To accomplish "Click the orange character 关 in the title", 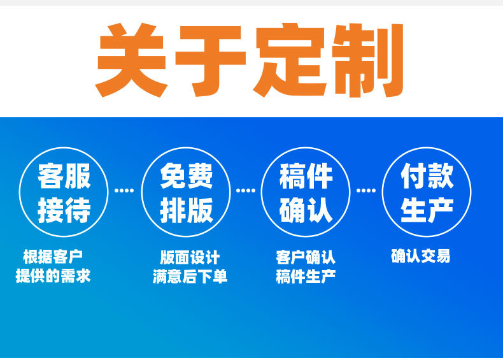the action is click(x=132, y=60).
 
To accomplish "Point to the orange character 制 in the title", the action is click(x=367, y=61).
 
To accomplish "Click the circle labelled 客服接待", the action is click(x=20, y=192).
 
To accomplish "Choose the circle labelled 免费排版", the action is click(x=142, y=192).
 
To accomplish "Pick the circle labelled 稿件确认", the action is click(x=262, y=192).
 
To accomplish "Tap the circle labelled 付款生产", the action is click(x=383, y=192).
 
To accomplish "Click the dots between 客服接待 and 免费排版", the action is click(x=124, y=191).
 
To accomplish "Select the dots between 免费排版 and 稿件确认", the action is click(x=246, y=191).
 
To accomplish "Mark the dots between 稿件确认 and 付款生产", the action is click(x=366, y=191).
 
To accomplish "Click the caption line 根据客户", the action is click(x=53, y=257).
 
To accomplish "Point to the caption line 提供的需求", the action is click(x=53, y=275).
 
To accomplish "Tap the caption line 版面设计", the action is click(x=190, y=257).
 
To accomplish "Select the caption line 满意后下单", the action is click(x=190, y=276).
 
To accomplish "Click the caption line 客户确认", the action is click(x=306, y=257).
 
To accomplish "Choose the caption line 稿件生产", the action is click(x=306, y=276).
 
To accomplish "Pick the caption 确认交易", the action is click(x=421, y=256).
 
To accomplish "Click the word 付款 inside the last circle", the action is click(x=427, y=176).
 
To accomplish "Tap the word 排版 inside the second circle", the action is click(x=187, y=210).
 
